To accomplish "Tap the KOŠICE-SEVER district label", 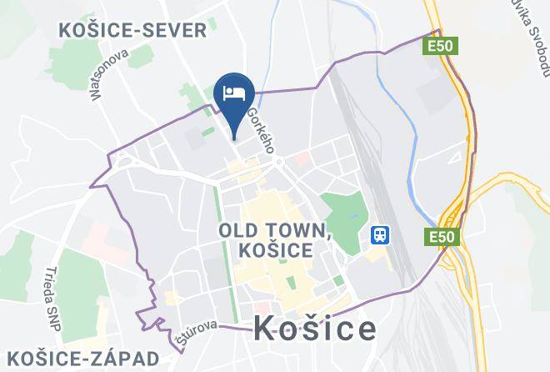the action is (x=132, y=31).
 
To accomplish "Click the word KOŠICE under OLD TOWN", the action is (x=274, y=249).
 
